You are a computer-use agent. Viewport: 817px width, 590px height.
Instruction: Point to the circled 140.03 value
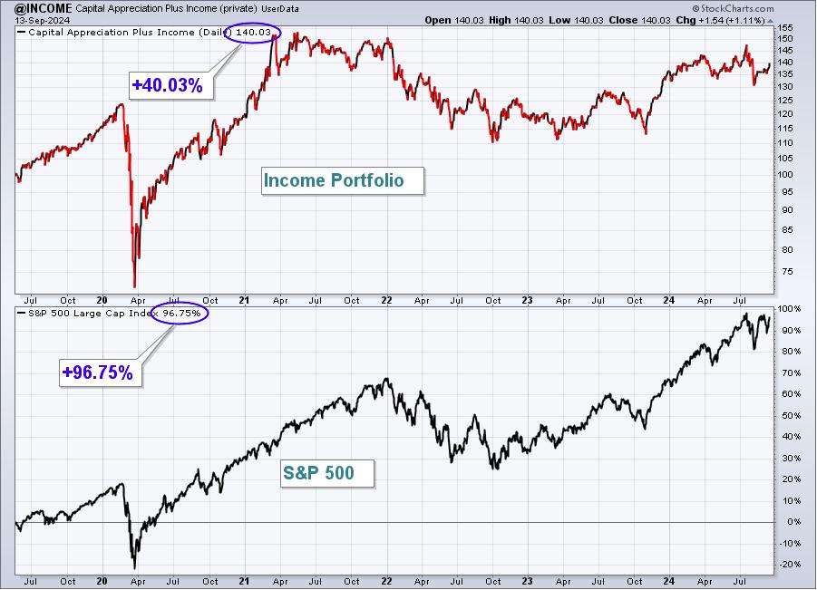pyautogui.click(x=253, y=33)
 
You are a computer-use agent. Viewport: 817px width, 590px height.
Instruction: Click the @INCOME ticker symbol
pyautogui.click(x=44, y=8)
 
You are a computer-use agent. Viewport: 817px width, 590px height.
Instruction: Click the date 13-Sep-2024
pyautogui.click(x=42, y=20)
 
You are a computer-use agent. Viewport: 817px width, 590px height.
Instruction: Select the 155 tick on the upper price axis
pyautogui.click(x=784, y=27)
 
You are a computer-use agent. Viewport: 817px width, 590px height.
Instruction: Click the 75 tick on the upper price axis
pyautogui.click(x=787, y=271)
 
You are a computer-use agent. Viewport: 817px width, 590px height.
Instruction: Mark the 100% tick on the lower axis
pyautogui.click(x=790, y=309)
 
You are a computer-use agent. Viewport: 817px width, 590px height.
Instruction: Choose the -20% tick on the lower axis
pyautogui.click(x=790, y=565)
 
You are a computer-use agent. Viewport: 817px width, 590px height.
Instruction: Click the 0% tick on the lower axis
pyautogui.click(x=793, y=522)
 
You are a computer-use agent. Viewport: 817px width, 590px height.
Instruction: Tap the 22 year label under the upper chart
pyautogui.click(x=386, y=300)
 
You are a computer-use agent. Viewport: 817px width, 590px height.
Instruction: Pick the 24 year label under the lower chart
pyautogui.click(x=668, y=581)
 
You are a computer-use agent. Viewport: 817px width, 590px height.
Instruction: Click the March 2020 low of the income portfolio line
pyautogui.click(x=135, y=286)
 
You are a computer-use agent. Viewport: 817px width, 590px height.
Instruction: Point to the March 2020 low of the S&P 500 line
pyautogui.click(x=134, y=568)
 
